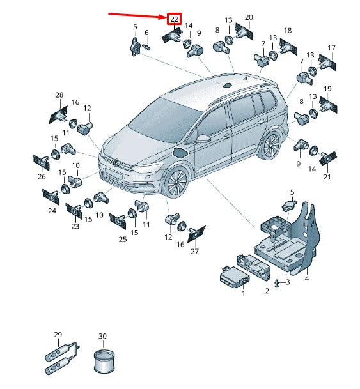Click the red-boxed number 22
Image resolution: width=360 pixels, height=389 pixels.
(x=174, y=19)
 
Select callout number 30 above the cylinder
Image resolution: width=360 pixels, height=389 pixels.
(x=102, y=336)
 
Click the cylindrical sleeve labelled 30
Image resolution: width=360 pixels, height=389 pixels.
(x=104, y=362)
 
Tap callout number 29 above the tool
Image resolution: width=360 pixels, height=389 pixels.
(x=58, y=335)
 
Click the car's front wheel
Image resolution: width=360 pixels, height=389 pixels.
(x=176, y=182)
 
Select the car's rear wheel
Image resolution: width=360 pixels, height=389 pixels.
(x=270, y=146)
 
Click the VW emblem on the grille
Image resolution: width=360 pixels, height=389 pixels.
(x=116, y=163)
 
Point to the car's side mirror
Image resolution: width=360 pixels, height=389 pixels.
(x=203, y=139)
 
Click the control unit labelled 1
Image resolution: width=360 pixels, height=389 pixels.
(x=235, y=278)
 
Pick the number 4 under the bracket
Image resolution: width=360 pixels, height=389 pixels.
(x=307, y=278)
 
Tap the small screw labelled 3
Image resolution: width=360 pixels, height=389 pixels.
(x=277, y=283)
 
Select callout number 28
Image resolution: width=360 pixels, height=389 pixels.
(x=59, y=95)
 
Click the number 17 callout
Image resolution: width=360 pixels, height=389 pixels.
(x=331, y=48)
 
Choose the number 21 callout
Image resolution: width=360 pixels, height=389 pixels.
(x=327, y=177)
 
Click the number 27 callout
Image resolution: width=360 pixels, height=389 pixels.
(x=194, y=251)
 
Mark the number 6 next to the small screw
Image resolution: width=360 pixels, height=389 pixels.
(x=146, y=33)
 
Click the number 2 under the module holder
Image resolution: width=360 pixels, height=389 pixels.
(x=267, y=291)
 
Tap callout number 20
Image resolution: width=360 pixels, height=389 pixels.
(x=249, y=17)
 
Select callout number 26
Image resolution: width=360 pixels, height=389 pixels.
(x=42, y=177)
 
